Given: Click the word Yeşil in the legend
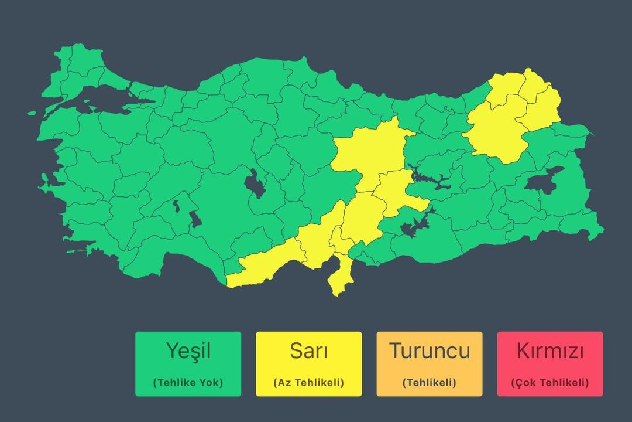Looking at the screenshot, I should click(188, 351).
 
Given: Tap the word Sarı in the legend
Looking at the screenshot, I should click(308, 351).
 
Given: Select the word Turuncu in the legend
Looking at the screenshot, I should click(430, 351).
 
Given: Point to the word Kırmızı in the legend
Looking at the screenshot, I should click(550, 351).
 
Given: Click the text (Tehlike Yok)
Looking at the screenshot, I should click(188, 383).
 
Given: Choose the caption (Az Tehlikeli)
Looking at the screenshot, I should click(308, 383).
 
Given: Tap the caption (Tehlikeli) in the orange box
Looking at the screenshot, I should click(430, 383).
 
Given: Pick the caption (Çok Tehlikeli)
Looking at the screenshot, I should click(550, 383).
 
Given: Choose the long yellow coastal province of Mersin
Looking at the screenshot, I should click(269, 264).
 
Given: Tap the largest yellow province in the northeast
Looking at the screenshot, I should click(497, 132).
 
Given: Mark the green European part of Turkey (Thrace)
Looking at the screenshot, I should click(76, 67).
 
